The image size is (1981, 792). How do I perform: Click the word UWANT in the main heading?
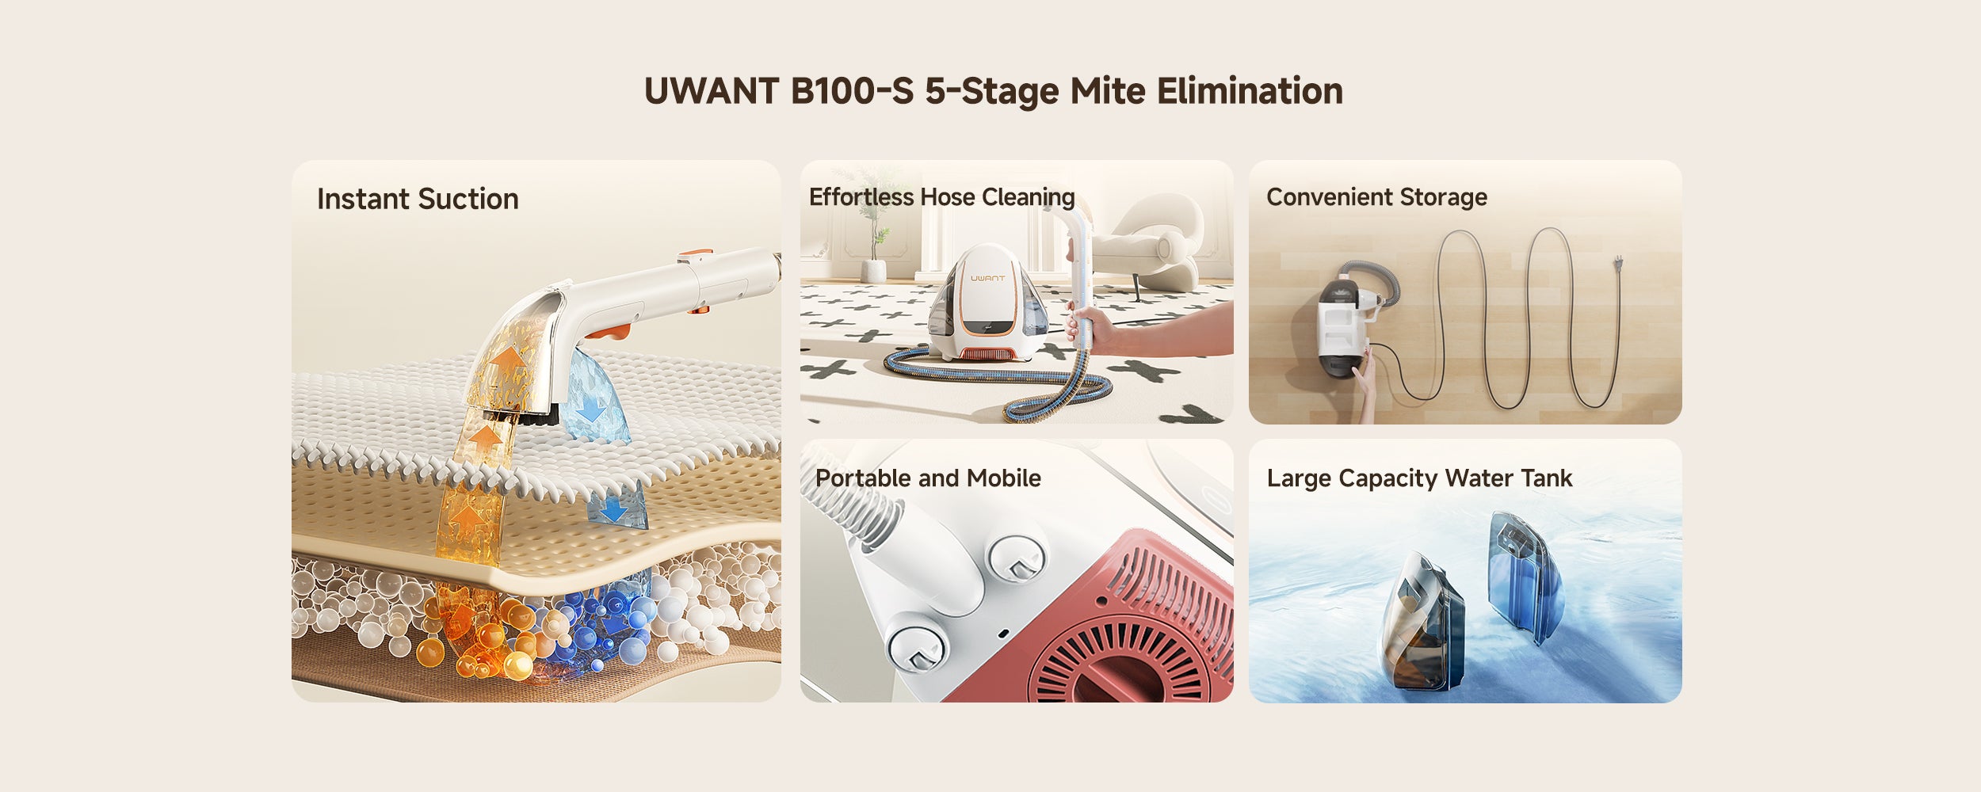point(712,91)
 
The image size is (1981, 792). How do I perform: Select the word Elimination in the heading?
point(1250,91)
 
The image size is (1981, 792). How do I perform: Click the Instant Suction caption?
point(418,199)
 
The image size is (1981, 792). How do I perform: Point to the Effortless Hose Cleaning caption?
point(942,196)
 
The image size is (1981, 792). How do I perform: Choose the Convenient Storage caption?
point(1376,196)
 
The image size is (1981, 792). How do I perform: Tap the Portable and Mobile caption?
point(928,478)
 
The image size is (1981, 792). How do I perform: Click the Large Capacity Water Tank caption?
point(1419,478)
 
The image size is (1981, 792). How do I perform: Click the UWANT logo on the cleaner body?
point(987,278)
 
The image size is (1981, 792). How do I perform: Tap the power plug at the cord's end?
point(1617,261)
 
